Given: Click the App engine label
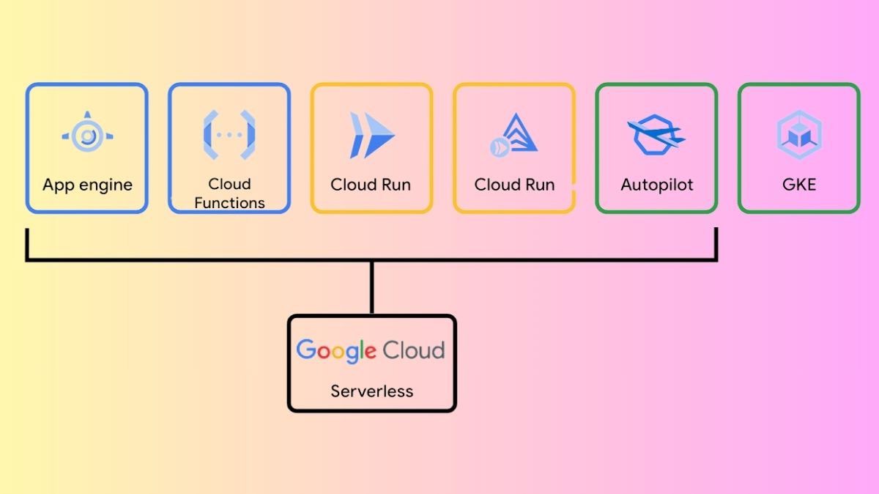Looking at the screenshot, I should coord(87,185).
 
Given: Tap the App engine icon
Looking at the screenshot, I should coord(88,136).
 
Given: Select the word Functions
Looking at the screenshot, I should coord(229,202).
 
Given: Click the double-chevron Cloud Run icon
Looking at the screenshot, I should coord(371,136).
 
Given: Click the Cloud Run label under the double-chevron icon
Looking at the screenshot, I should coord(371,185).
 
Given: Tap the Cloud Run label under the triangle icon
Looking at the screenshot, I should coord(514,185).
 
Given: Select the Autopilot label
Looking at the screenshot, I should coord(657,185).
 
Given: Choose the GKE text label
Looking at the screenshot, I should coord(798,185).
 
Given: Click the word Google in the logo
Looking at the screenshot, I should coord(336,350).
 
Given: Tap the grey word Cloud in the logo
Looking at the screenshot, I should coord(413,350).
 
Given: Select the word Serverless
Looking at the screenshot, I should coord(371,391).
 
